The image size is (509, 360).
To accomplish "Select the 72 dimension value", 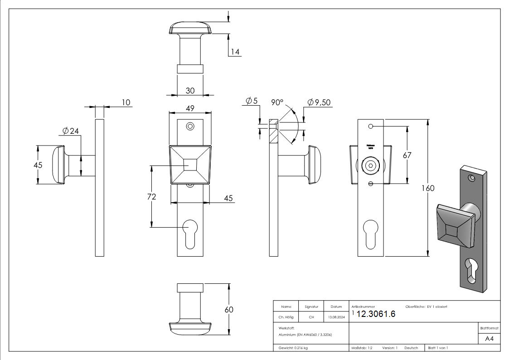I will (x=152, y=197).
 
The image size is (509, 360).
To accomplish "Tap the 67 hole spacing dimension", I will (x=407, y=155).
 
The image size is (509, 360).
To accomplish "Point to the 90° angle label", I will (x=277, y=102).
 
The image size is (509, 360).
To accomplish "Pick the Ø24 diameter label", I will (x=71, y=131).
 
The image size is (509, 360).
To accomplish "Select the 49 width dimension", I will (x=190, y=108).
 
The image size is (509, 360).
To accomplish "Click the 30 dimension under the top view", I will (x=190, y=91).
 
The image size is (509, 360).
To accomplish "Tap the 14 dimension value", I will (x=234, y=52).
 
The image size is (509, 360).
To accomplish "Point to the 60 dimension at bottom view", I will (x=229, y=310).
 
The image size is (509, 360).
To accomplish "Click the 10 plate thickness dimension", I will (x=126, y=102).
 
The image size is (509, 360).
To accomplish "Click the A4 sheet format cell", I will (x=489, y=339).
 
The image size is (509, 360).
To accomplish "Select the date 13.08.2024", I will (x=336, y=317).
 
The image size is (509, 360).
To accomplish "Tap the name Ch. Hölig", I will (x=286, y=317).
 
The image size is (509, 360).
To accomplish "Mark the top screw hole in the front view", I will (x=190, y=126).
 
